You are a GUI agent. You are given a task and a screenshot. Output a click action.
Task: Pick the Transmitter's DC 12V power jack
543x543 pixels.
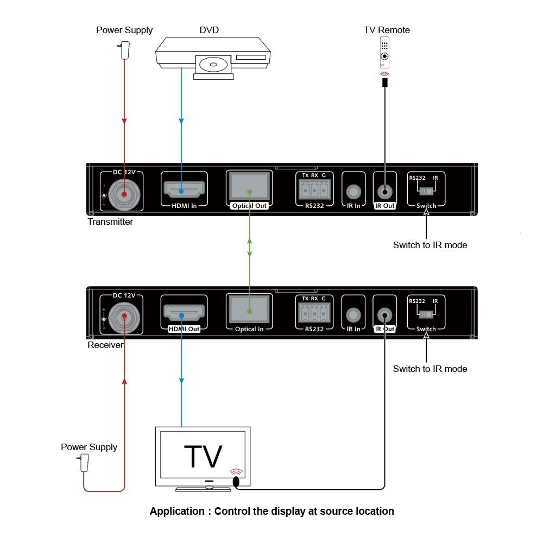124,193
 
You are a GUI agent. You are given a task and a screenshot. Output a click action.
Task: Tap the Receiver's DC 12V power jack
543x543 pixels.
124,316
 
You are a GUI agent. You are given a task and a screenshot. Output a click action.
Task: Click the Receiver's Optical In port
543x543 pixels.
249,310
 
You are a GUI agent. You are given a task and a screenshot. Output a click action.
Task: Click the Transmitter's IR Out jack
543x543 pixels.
385,192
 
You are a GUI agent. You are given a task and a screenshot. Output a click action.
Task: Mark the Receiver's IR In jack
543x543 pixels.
353,314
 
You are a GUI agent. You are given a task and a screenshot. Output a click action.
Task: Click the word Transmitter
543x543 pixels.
110,222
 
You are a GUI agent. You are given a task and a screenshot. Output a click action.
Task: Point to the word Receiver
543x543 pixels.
105,345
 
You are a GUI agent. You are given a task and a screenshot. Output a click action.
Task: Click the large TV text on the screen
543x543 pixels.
203,456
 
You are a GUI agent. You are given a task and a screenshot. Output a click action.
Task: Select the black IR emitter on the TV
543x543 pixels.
236,482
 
